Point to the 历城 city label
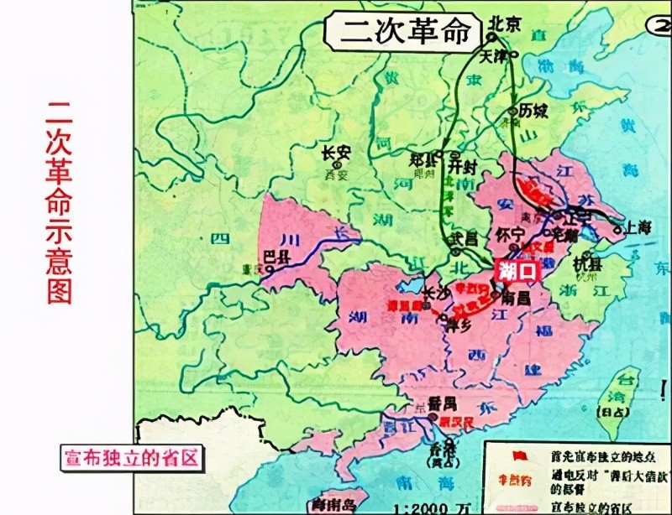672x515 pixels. coord(533,111)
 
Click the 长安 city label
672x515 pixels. coord(335,153)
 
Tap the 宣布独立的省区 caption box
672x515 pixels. coord(130,457)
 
